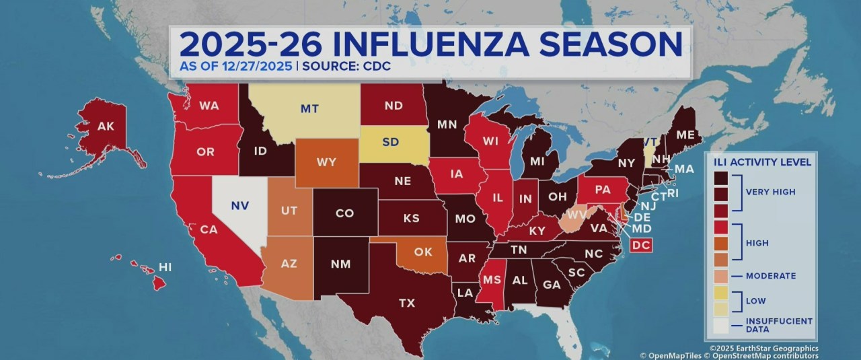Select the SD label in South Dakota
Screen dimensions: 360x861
(389, 143)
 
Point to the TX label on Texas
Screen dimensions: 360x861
(407, 303)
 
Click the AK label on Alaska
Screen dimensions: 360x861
(106, 126)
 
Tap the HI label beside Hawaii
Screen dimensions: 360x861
(165, 267)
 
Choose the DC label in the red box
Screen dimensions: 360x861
(641, 246)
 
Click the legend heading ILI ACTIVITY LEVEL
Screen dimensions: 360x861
(758, 161)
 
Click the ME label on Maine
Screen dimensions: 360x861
(685, 135)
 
